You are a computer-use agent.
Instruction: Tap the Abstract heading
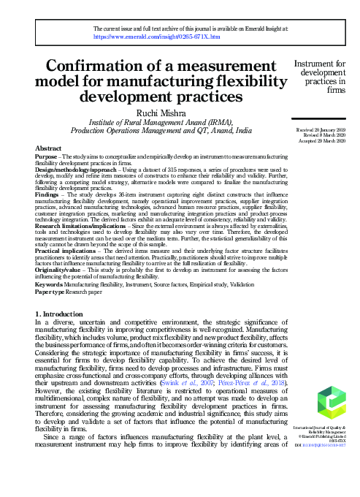(x=48, y=148)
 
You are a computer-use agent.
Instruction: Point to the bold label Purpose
(x=47, y=156)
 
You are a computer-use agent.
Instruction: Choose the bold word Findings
(x=47, y=194)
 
